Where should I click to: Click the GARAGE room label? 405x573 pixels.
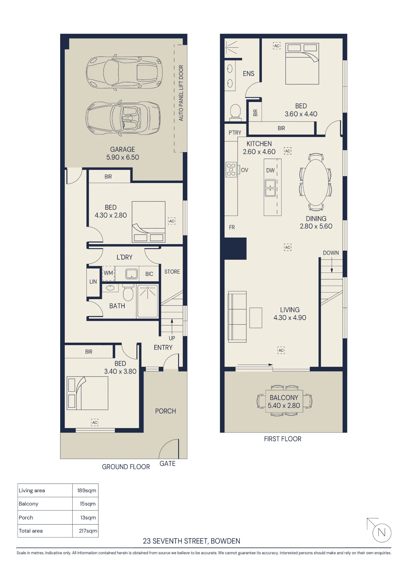pyautogui.click(x=123, y=149)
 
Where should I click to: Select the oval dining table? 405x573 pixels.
pyautogui.click(x=316, y=182)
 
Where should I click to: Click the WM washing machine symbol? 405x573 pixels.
pyautogui.click(x=108, y=273)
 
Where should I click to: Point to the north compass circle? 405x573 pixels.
pyautogui.click(x=382, y=533)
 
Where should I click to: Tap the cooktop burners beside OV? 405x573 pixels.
pyautogui.click(x=231, y=170)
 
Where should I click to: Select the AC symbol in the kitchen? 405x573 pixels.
pyautogui.click(x=288, y=151)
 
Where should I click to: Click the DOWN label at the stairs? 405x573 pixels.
pyautogui.click(x=331, y=253)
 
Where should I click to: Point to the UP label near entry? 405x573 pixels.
pyautogui.click(x=172, y=338)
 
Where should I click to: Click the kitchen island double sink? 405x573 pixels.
pyautogui.click(x=270, y=188)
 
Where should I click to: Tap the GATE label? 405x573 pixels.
pyautogui.click(x=168, y=464)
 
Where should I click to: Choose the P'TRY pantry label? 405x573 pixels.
pyautogui.click(x=235, y=133)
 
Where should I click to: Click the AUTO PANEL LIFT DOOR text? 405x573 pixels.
pyautogui.click(x=181, y=93)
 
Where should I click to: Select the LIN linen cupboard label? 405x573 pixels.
pyautogui.click(x=93, y=282)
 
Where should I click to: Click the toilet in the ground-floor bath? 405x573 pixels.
pyautogui.click(x=128, y=292)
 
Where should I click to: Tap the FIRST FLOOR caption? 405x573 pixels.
pyautogui.click(x=283, y=439)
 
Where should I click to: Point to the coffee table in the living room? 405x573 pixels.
pyautogui.click(x=256, y=318)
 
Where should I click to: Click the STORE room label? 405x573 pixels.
pyautogui.click(x=172, y=272)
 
